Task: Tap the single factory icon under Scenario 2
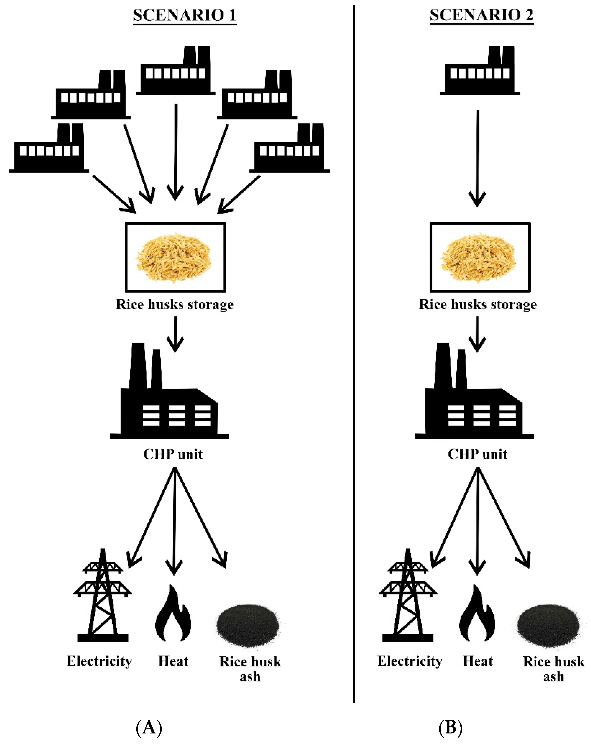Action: click(480, 72)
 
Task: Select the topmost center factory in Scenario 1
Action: click(175, 72)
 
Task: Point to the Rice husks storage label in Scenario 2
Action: click(478, 304)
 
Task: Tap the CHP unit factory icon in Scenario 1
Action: click(169, 397)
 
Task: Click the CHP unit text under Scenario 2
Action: click(478, 454)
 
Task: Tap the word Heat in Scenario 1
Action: click(173, 661)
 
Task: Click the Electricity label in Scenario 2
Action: click(410, 661)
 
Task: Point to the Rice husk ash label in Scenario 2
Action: click(553, 668)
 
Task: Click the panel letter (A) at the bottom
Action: click(149, 727)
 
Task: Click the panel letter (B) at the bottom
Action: click(450, 727)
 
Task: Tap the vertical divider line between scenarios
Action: click(354, 345)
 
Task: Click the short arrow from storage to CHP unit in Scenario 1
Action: click(175, 333)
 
